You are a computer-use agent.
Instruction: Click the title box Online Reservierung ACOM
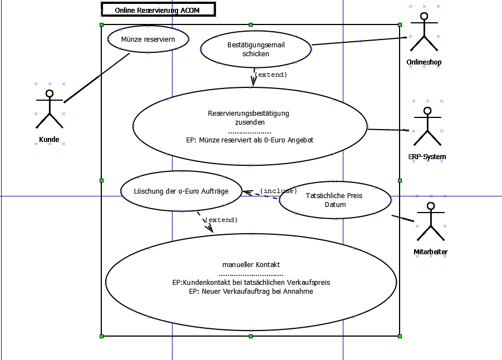(158, 10)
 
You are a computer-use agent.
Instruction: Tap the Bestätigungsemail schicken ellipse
(255, 49)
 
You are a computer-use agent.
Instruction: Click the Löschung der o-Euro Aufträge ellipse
(181, 191)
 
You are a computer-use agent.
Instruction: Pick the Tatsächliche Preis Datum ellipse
(335, 200)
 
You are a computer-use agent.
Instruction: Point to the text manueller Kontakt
(251, 264)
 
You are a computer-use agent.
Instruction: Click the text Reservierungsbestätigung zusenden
(249, 117)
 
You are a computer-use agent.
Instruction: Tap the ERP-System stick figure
(427, 126)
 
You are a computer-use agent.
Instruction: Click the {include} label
(278, 191)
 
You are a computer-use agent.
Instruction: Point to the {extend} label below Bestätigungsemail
(270, 74)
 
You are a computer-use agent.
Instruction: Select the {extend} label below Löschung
(221, 220)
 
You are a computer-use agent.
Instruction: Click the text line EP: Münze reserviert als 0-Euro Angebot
(250, 140)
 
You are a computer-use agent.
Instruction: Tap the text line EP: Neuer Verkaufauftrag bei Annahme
(251, 291)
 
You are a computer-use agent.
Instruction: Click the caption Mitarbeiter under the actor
(431, 252)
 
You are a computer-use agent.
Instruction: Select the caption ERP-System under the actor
(427, 157)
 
